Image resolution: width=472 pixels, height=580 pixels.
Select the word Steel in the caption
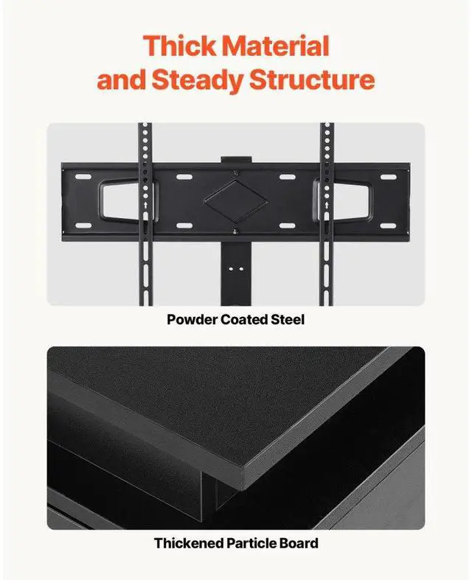pos(289,320)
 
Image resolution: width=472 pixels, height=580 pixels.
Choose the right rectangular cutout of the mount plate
pos(345,199)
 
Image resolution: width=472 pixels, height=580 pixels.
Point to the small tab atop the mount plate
pos(235,158)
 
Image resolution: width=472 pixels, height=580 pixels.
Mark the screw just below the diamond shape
pos(235,231)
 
